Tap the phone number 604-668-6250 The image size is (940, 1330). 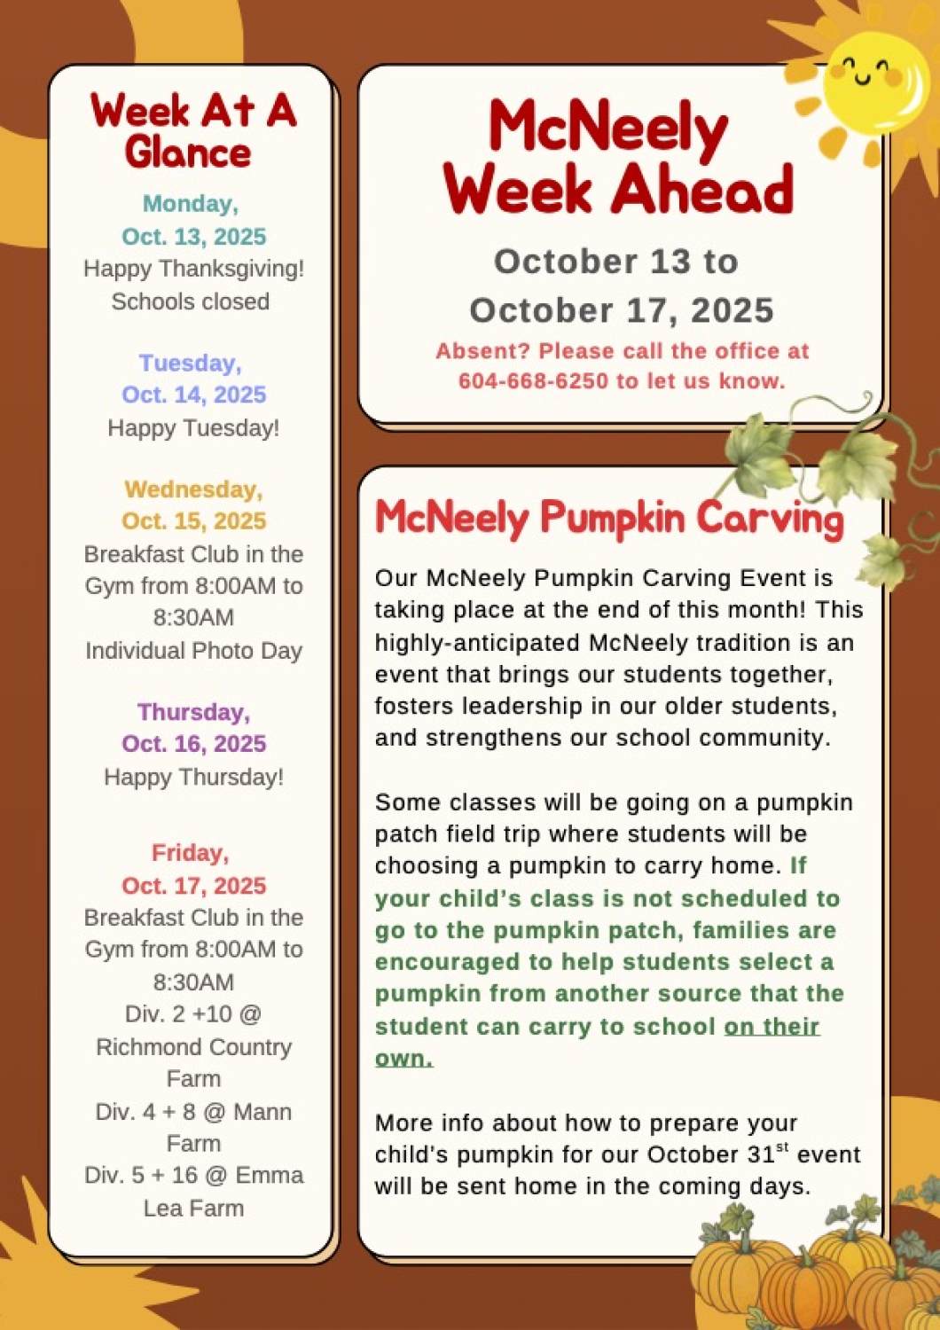[534, 380]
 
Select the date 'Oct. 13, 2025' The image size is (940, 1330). [193, 237]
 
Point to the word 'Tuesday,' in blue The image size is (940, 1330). [191, 363]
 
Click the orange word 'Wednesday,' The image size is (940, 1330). [193, 489]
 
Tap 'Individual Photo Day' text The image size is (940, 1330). [193, 651]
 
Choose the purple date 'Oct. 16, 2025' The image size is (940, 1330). [193, 743]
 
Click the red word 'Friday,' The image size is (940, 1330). [190, 853]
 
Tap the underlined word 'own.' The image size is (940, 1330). [403, 1059]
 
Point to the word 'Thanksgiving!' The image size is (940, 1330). [232, 269]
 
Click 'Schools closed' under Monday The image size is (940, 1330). [190, 301]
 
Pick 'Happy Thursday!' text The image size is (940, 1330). [193, 777]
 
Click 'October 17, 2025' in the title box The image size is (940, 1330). [622, 310]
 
